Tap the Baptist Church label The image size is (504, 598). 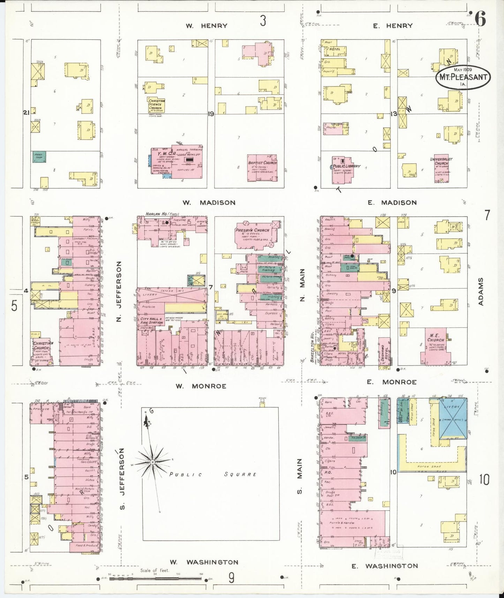pos(262,163)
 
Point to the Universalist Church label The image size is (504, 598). pos(441,161)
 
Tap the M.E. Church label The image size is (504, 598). pos(436,338)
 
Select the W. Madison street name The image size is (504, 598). pos(209,203)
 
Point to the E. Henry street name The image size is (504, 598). pos(393,26)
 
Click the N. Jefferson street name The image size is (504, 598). pos(119,292)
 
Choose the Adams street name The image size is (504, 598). pos(481,292)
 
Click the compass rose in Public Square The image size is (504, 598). pos(152,462)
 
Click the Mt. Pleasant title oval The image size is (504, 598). pos(463,77)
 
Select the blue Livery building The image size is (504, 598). pos(453,418)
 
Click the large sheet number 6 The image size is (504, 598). pos(480,20)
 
